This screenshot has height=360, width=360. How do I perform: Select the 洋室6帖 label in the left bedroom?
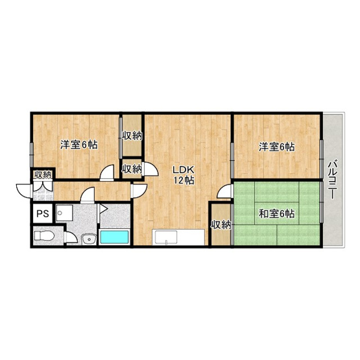pyautogui.click(x=79, y=145)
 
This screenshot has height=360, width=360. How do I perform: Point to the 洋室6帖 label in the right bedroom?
pyautogui.click(x=277, y=147)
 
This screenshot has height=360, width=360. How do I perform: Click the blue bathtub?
pyautogui.click(x=115, y=237)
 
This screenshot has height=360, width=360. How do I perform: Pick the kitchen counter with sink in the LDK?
pyautogui.click(x=177, y=237)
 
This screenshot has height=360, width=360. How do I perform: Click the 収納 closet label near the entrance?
pyautogui.click(x=43, y=174)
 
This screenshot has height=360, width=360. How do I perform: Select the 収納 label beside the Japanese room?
pyautogui.click(x=221, y=224)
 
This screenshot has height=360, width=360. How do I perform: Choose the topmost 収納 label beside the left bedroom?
pyautogui.click(x=132, y=136)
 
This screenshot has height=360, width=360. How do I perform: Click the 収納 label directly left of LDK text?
pyautogui.click(x=132, y=169)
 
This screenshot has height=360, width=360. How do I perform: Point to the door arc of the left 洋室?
pyautogui.click(x=106, y=173)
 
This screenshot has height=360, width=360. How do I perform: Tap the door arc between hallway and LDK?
pyautogui.click(x=139, y=188)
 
